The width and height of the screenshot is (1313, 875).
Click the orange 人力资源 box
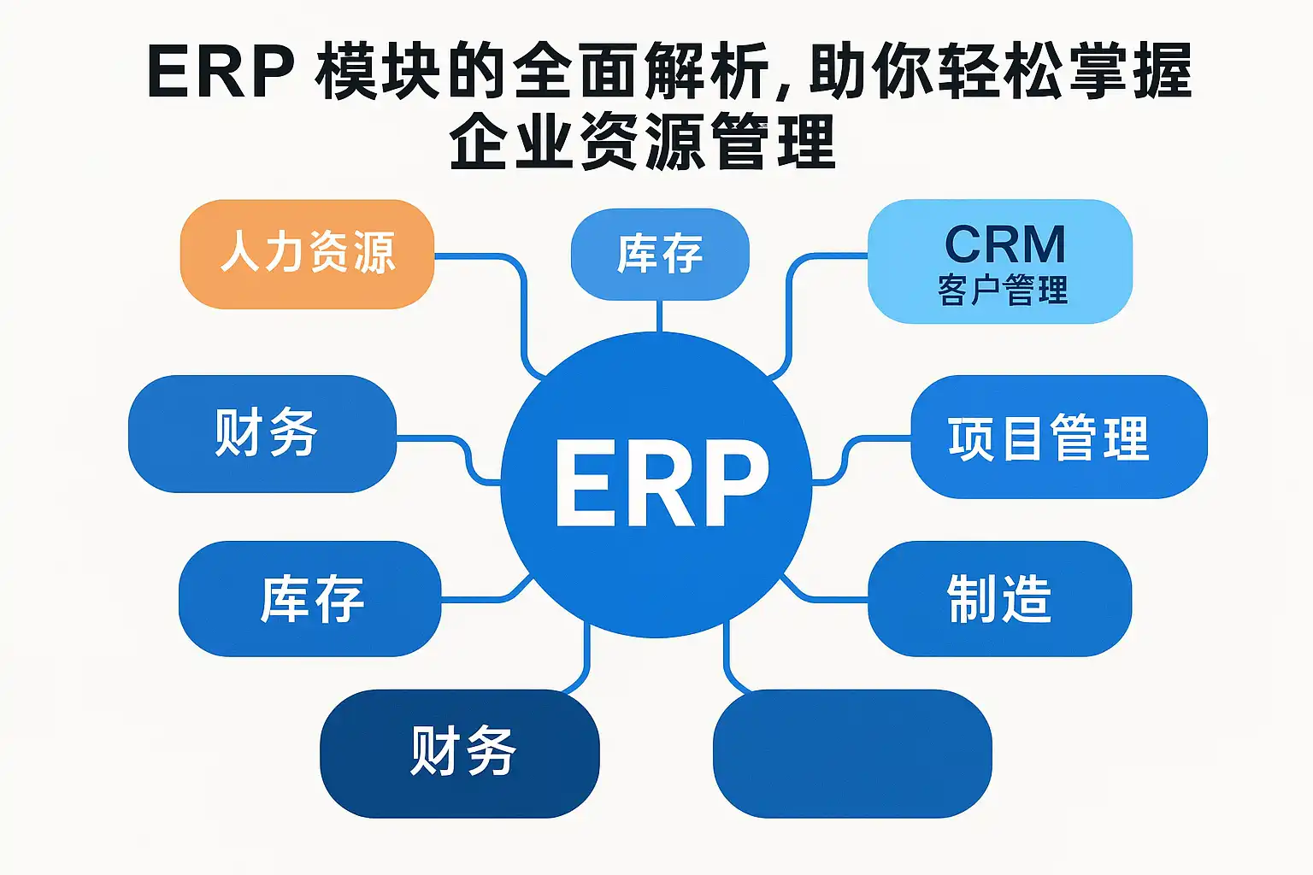(307, 255)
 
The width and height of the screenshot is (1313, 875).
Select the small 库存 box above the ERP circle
(660, 255)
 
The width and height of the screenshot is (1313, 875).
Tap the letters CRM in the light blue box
(1004, 244)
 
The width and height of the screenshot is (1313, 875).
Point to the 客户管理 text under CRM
(1003, 290)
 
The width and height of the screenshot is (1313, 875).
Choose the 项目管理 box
(1059, 437)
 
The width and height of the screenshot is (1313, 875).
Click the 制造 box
(1000, 598)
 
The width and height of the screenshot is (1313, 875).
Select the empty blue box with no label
(852, 754)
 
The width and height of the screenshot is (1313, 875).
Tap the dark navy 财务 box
(460, 754)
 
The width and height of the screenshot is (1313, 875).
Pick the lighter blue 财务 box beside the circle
(262, 434)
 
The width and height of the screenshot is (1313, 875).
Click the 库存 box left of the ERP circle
(310, 598)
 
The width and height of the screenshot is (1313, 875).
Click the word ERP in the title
(221, 71)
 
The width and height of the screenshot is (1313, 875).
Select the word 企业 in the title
(510, 143)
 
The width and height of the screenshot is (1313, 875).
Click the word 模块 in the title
(378, 71)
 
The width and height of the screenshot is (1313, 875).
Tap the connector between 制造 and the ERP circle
(821, 596)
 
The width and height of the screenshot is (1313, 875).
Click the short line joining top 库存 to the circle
(659, 316)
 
